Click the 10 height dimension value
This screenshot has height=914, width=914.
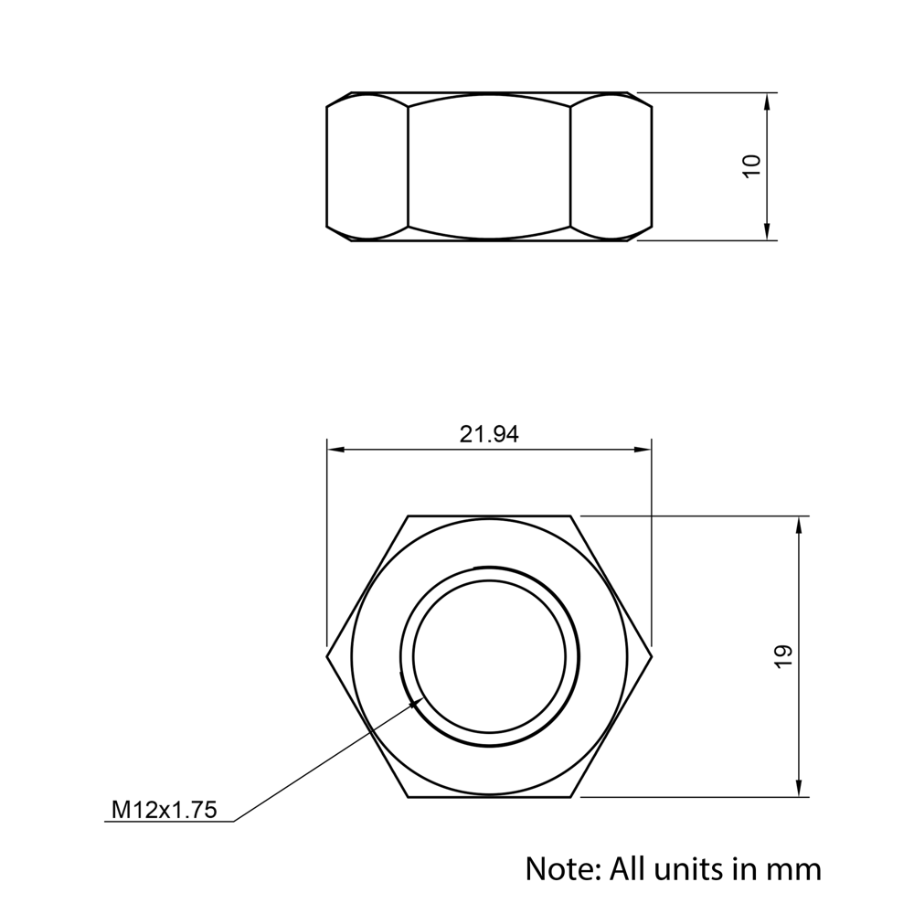pyautogui.click(x=752, y=166)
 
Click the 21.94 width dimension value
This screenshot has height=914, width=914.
pyautogui.click(x=488, y=435)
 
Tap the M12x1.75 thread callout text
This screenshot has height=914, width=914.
pyautogui.click(x=165, y=810)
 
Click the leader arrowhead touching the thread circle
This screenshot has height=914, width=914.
pyautogui.click(x=417, y=701)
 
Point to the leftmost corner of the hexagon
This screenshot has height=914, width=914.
pyautogui.click(x=327, y=656)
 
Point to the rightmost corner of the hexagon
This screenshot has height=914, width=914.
pyautogui.click(x=652, y=656)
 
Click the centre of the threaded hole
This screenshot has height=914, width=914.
pyautogui.click(x=489, y=656)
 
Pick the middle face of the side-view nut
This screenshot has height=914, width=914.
pyautogui.click(x=489, y=166)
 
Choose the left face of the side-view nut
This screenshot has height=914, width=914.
pyautogui.click(x=367, y=166)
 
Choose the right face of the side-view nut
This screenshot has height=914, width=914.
pyautogui.click(x=611, y=166)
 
